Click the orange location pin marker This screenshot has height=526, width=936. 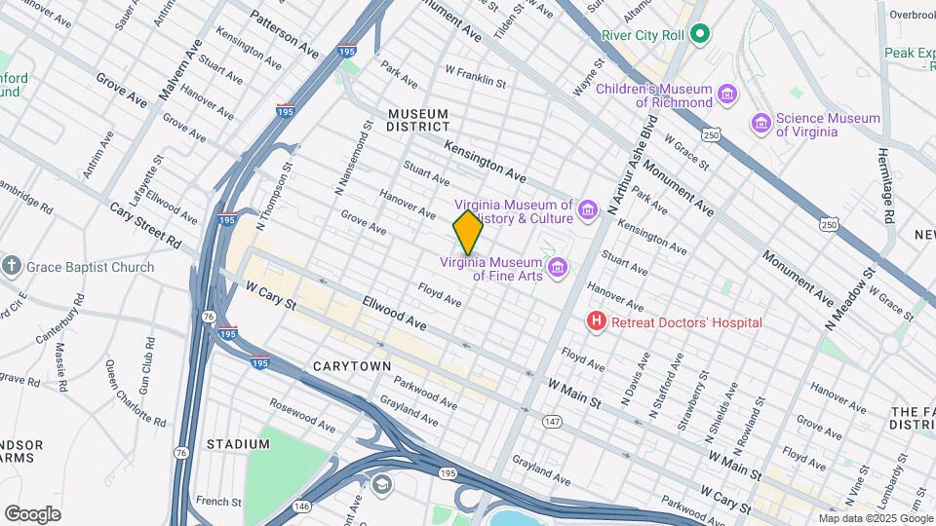pyautogui.click(x=468, y=233)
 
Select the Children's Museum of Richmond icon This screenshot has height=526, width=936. pyautogui.click(x=726, y=94)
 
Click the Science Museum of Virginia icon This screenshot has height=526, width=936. pyautogui.click(x=760, y=124)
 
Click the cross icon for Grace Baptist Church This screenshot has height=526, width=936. pyautogui.click(x=12, y=266)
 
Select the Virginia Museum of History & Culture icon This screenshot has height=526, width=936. pyautogui.click(x=587, y=210)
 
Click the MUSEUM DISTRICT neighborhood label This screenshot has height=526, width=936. pyautogui.click(x=418, y=120)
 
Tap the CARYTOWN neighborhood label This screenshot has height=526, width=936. pyautogui.click(x=352, y=366)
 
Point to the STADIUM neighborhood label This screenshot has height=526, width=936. pyautogui.click(x=238, y=444)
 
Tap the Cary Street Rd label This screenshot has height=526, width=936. pyautogui.click(x=146, y=225)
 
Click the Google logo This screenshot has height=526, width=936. pyautogui.click(x=32, y=513)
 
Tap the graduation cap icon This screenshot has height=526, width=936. pyautogui.click(x=383, y=484)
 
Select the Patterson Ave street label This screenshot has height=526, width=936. pyautogui.click(x=284, y=33)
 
